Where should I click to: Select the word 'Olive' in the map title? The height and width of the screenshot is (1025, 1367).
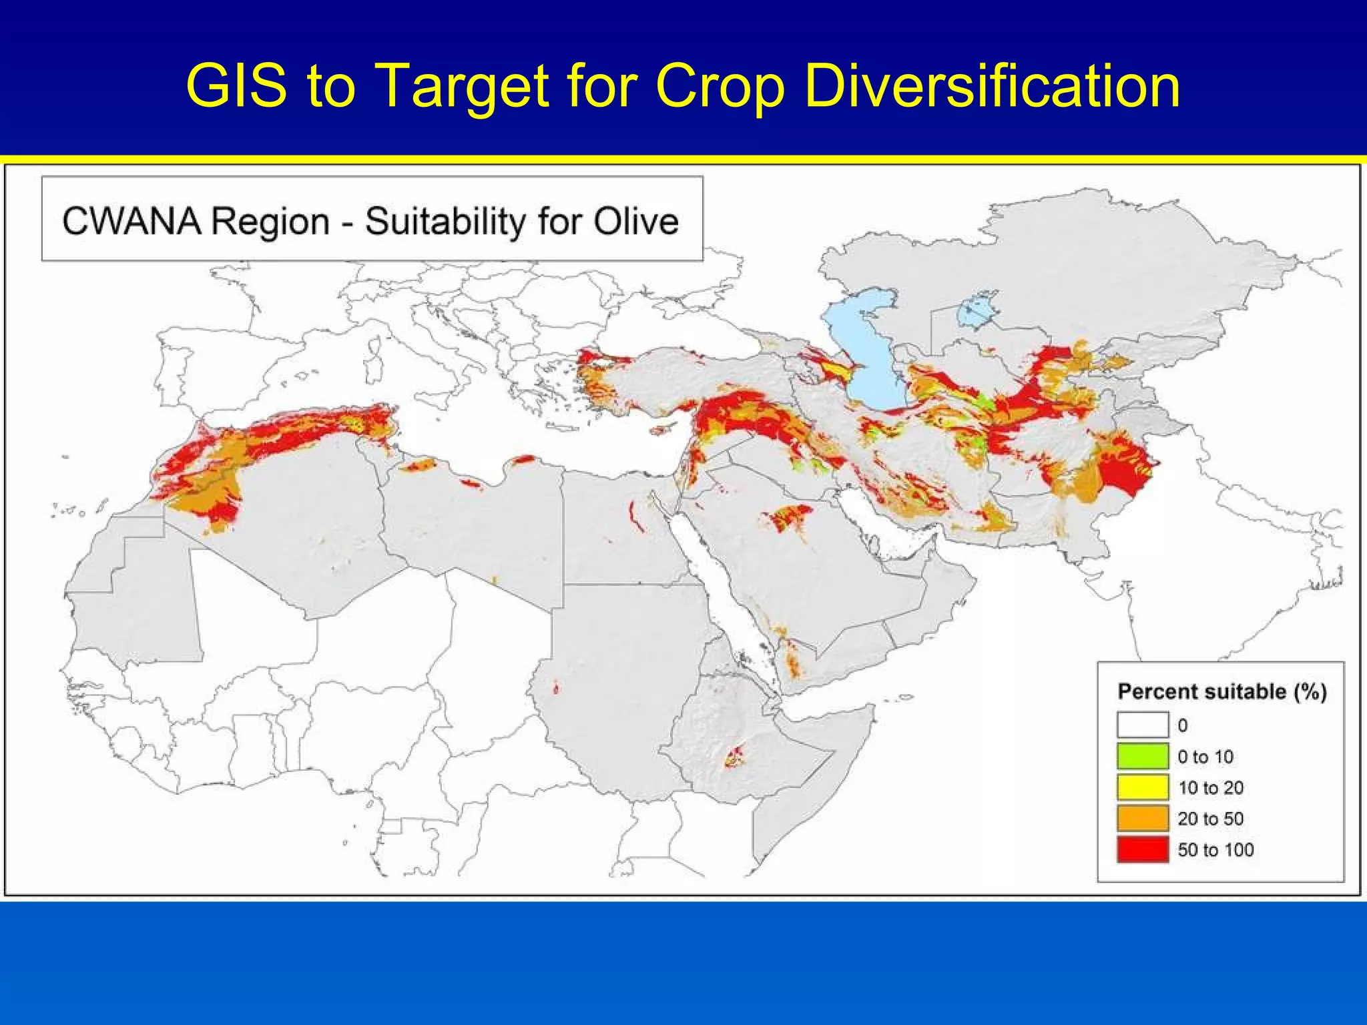click(x=635, y=222)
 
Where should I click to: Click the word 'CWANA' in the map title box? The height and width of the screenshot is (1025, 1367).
click(x=131, y=222)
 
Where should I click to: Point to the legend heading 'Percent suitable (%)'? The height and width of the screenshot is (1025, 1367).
click(x=1221, y=691)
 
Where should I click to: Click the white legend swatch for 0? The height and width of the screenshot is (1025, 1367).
click(x=1143, y=725)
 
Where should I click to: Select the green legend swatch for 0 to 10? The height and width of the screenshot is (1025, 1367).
click(x=1143, y=756)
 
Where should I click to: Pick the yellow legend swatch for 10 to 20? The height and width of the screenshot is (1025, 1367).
click(x=1143, y=787)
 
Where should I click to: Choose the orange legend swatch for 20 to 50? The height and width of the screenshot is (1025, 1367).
click(x=1143, y=818)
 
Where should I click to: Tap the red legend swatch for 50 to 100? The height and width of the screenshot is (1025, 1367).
click(x=1143, y=849)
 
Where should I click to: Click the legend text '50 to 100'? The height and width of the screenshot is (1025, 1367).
click(x=1215, y=849)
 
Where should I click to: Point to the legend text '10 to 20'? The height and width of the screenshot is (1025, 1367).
click(x=1211, y=787)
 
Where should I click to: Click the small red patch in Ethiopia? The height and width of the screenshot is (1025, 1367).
click(x=735, y=757)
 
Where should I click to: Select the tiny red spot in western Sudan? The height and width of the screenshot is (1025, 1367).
click(x=556, y=687)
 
